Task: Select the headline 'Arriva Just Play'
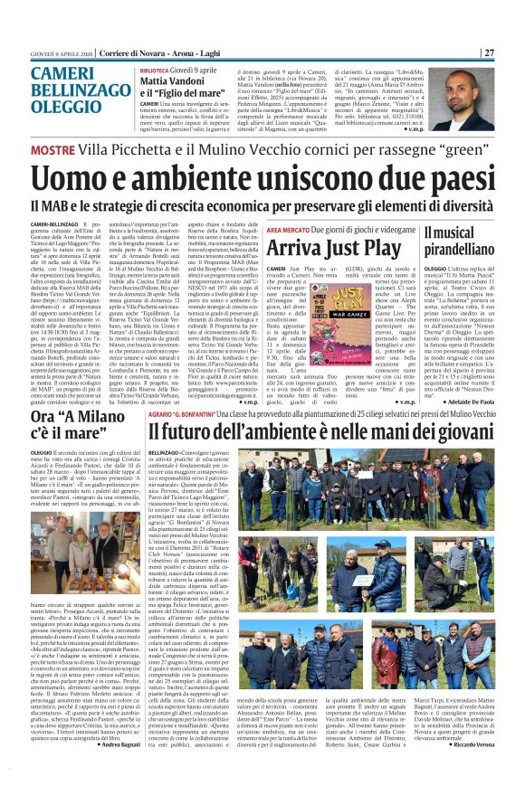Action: (x=339, y=247)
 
